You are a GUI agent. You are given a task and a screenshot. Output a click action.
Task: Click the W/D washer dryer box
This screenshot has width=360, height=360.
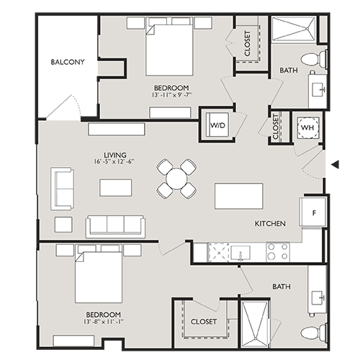click(216, 125)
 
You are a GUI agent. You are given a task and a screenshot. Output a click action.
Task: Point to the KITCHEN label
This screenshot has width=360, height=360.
click(270, 224)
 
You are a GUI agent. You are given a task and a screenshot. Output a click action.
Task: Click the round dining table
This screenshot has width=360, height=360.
click(176, 179)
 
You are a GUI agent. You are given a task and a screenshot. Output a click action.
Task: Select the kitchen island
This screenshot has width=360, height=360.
click(238, 196)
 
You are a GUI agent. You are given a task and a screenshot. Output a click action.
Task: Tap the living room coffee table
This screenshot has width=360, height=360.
click(116, 187)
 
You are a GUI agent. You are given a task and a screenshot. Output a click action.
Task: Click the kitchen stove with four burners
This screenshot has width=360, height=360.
click(277, 251)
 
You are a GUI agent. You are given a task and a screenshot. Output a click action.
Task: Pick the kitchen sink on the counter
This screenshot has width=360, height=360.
click(240, 251)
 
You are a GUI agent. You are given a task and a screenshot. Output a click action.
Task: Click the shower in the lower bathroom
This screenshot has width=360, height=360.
click(257, 320)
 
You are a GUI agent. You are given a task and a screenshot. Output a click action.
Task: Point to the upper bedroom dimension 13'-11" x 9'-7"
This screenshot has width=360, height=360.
click(171, 95)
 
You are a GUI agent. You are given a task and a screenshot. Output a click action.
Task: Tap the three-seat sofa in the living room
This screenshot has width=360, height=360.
click(115, 225)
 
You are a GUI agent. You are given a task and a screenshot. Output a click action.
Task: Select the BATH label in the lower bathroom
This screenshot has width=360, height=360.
click(281, 287)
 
